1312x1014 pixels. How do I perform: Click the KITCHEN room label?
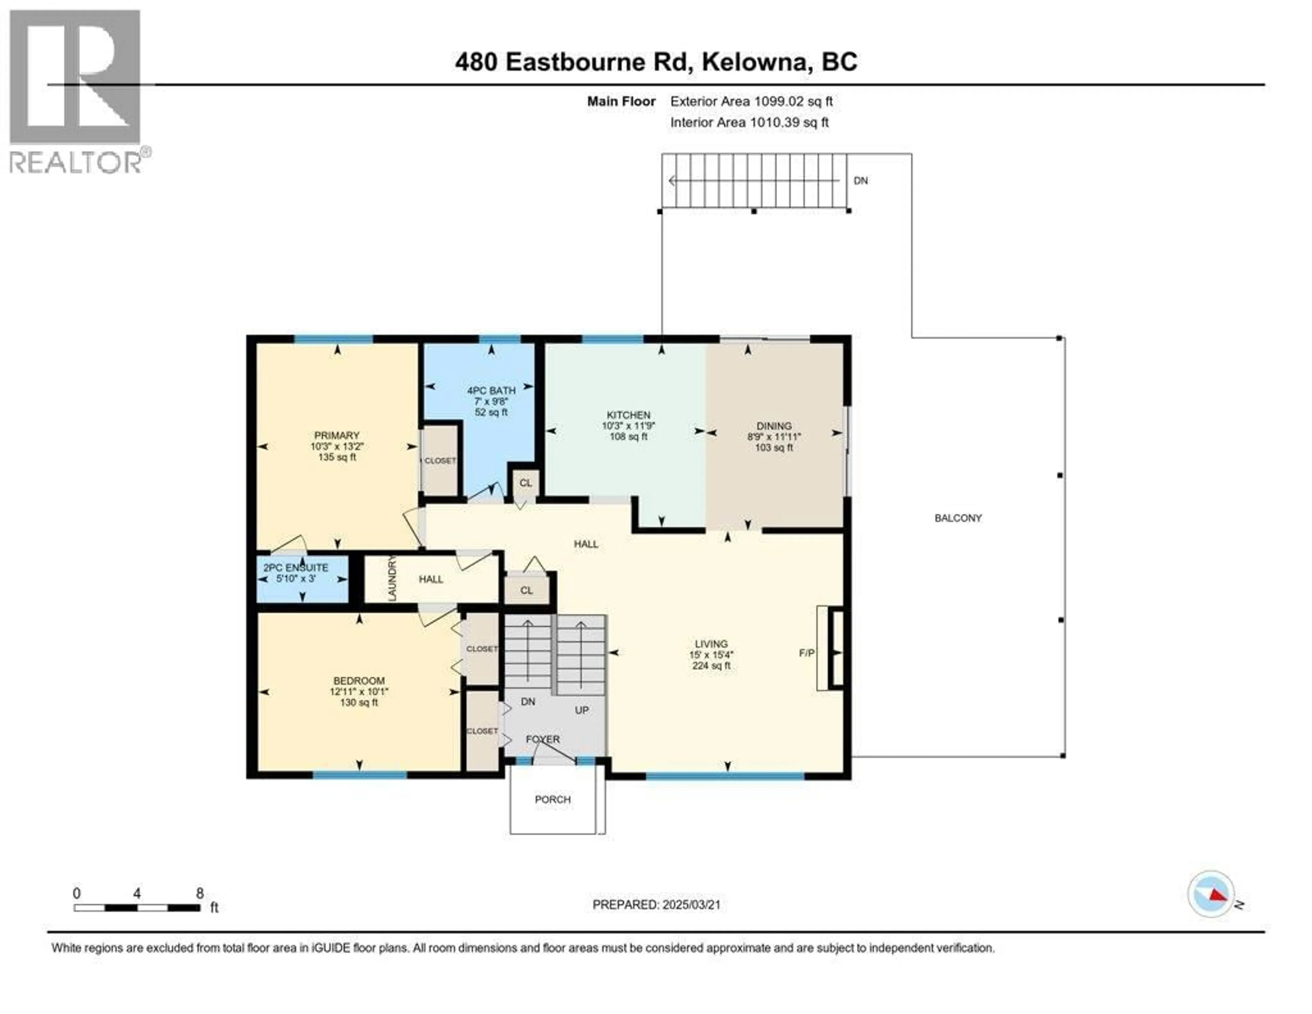click(628, 415)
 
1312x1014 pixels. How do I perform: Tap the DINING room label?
click(774, 426)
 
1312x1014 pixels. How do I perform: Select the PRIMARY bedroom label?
click(337, 435)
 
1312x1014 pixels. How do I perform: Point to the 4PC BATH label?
click(491, 390)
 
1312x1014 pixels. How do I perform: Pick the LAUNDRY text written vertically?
click(392, 578)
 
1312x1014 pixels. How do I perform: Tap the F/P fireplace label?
click(807, 653)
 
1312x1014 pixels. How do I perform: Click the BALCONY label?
click(958, 518)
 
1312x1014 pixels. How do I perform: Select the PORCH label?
click(553, 799)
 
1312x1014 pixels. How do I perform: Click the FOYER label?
click(543, 739)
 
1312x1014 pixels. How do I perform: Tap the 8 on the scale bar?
click(200, 893)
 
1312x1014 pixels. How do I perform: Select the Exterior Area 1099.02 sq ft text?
click(751, 102)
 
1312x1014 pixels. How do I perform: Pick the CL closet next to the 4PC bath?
click(525, 483)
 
